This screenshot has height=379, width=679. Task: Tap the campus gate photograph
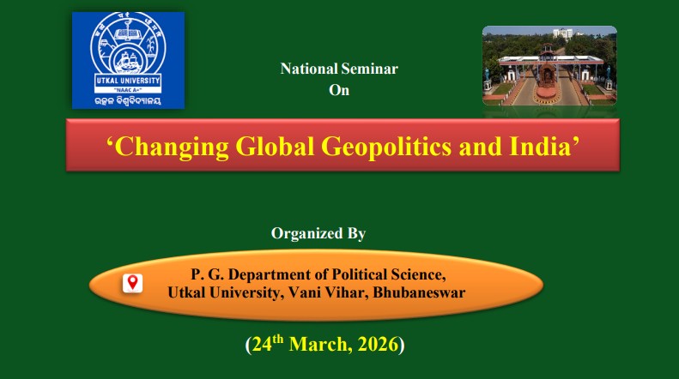(x=549, y=65)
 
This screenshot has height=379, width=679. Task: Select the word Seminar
(x=370, y=69)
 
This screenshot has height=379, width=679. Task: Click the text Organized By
(x=318, y=232)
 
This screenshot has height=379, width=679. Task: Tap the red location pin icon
(x=132, y=283)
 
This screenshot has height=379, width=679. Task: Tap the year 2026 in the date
(x=377, y=346)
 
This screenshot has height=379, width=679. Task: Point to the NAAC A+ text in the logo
(x=127, y=88)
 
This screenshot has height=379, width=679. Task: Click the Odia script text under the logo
(x=127, y=102)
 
